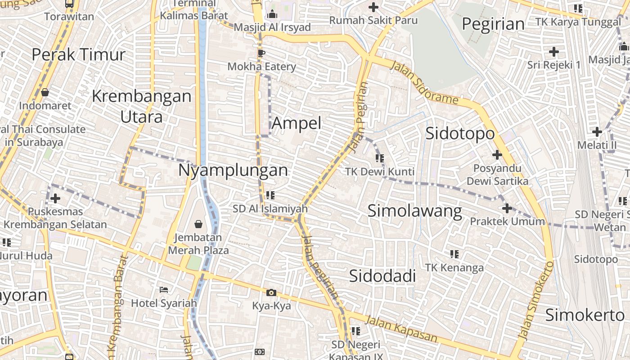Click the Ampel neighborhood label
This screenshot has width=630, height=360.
point(297,123)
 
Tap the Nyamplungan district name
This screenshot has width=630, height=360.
point(233,170)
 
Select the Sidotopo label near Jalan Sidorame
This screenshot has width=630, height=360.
point(460,133)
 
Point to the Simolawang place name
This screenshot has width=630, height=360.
point(414,211)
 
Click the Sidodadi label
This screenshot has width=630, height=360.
point(382,276)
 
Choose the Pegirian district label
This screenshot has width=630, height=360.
point(493,23)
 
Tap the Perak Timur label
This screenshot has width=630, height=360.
point(78,54)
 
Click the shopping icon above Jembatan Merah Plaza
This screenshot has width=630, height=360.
point(198,224)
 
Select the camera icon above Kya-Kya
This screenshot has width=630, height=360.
point(271,293)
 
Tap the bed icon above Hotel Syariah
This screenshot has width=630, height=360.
point(164,290)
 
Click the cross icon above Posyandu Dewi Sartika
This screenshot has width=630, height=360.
point(497,155)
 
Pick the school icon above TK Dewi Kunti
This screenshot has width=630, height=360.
point(380,158)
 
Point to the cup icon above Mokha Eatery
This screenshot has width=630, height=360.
point(261,54)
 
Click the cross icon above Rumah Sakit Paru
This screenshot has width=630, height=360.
point(373,7)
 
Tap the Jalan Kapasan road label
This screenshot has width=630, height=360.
point(401,329)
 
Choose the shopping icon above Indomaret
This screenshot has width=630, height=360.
point(45,92)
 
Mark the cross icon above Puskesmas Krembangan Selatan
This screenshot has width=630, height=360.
point(55,198)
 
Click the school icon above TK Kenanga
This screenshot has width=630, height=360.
point(454,254)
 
